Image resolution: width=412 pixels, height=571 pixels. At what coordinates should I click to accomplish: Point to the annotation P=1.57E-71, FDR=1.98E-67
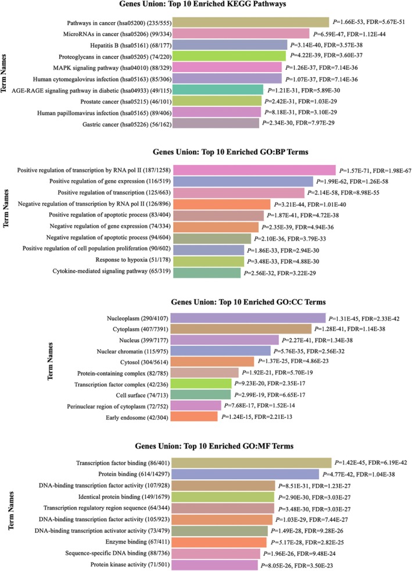(x=372, y=170)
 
